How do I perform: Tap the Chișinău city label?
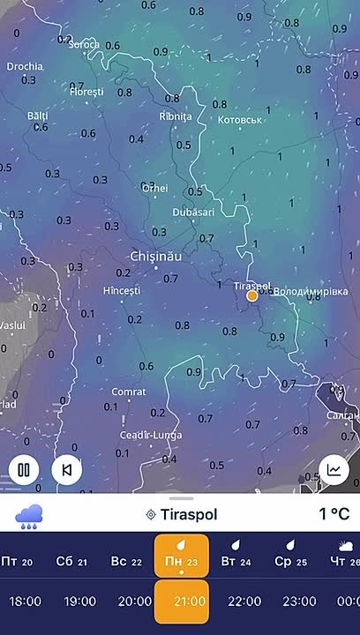tap(155, 255)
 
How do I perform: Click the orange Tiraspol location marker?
tap(252, 296)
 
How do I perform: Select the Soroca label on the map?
tap(84, 43)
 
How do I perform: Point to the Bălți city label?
tap(38, 116)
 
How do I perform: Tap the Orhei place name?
tap(154, 188)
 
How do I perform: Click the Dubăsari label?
tap(192, 213)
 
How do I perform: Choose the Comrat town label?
tap(129, 392)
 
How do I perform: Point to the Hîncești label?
tap(122, 290)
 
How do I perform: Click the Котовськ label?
tap(240, 120)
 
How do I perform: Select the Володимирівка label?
tap(311, 291)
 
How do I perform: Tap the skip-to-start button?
tap(67, 469)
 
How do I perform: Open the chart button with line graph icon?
tap(334, 469)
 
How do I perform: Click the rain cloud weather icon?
tap(29, 514)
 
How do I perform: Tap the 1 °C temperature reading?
tap(334, 514)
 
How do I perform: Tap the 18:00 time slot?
tap(25, 601)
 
